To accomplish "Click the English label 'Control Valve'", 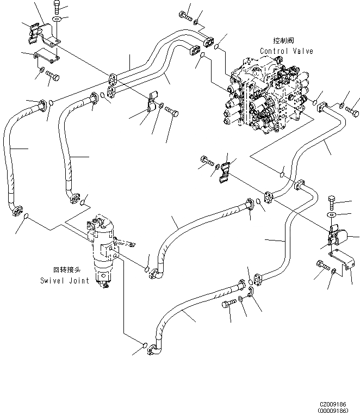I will coord(286,51).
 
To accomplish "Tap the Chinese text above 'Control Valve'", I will coord(284,41).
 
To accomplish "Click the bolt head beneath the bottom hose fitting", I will coord(229,304).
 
